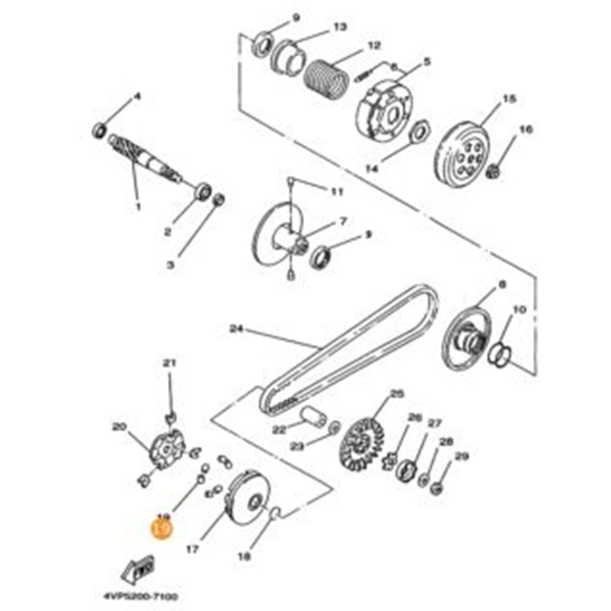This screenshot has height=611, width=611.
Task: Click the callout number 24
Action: (236, 329)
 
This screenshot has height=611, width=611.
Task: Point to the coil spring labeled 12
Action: (326, 75)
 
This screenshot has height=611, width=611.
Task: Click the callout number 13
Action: (340, 27)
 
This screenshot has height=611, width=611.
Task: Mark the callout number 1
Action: (138, 207)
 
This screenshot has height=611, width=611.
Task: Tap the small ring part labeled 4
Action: (99, 130)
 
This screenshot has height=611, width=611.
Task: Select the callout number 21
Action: (169, 363)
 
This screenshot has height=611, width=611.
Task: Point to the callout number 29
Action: (461, 456)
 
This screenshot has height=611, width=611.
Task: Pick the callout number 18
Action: (244, 556)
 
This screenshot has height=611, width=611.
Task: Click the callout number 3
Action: (171, 265)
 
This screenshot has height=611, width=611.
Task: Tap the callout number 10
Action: (519, 309)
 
